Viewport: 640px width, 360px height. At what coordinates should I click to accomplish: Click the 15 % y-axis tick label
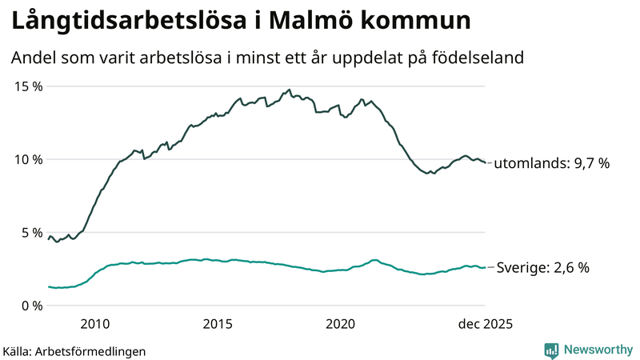tap(26, 86)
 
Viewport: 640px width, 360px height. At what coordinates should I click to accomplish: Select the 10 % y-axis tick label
tap(26, 159)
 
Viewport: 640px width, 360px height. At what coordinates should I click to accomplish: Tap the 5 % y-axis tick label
tap(30, 233)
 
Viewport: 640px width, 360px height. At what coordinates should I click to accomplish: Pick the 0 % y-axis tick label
tap(30, 306)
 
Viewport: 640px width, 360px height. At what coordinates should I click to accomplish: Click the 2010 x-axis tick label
tap(94, 324)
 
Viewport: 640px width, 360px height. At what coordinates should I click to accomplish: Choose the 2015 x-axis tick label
tap(218, 324)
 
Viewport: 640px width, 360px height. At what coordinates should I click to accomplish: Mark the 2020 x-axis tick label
tap(341, 324)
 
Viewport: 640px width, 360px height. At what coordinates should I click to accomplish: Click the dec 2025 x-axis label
tap(485, 324)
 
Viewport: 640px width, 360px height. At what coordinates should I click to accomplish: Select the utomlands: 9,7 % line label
tap(551, 163)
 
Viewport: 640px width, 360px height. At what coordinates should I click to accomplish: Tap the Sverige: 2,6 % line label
tap(543, 268)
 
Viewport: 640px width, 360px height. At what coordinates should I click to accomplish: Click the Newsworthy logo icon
tap(551, 350)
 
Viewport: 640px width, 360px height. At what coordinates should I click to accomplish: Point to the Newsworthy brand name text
tap(597, 350)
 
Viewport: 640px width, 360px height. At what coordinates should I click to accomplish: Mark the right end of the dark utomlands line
tap(485, 162)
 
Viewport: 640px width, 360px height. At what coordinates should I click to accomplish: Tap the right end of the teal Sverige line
tap(485, 267)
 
